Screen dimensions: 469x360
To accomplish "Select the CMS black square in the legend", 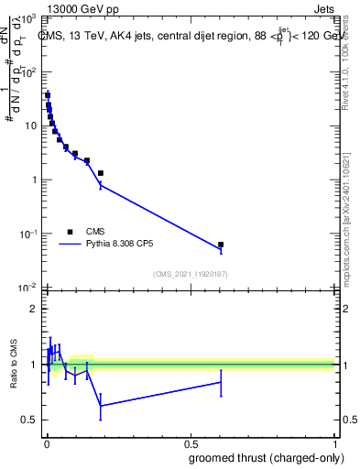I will tap(71, 232).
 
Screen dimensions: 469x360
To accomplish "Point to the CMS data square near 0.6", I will tap(221, 245).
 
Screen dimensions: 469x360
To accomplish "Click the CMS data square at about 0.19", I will tap(100, 172).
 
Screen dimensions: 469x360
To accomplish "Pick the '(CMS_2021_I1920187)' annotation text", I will tap(190, 274).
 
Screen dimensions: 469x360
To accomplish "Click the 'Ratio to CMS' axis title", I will tap(14, 364).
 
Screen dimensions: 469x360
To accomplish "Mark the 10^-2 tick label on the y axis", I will tap(28, 288).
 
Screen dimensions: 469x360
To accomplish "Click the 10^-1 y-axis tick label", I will tap(28, 234).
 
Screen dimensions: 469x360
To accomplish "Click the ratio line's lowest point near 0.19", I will tap(100, 406).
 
